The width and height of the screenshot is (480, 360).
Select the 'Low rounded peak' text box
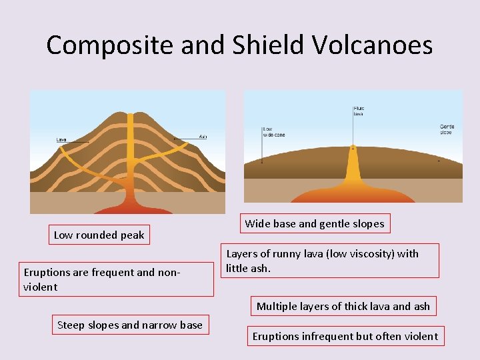99,235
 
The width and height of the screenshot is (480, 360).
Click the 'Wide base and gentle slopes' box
315,224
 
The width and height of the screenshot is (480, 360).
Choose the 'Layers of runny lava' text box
331,261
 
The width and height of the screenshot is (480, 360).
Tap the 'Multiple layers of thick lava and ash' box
343,307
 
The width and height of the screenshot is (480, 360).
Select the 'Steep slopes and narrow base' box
130,325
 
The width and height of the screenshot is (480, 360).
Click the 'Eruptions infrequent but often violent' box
345,336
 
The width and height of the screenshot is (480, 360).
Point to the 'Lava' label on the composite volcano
61,139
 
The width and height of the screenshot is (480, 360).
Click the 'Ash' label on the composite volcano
203,137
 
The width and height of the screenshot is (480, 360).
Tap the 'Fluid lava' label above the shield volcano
359,111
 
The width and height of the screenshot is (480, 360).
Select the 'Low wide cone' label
273,131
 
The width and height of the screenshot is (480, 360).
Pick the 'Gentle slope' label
446,129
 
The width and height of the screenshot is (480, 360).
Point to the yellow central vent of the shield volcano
352,167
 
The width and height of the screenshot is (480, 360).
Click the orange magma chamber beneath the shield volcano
352,194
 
